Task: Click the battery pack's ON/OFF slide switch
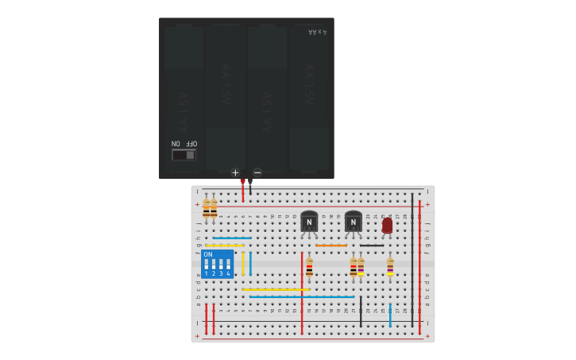184,155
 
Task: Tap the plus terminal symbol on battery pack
235,172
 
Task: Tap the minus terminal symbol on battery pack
257,172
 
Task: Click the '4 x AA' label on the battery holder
317,32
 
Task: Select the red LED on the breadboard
387,226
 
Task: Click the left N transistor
309,223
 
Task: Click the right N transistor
354,223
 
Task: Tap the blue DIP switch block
217,264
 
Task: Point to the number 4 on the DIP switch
229,273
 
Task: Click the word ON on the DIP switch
208,254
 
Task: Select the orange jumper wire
331,245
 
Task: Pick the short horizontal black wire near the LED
372,245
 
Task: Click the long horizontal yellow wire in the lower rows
275,289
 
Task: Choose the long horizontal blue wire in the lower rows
302,297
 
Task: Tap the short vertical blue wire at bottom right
390,314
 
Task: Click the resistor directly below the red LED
390,267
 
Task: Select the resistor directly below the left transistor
309,267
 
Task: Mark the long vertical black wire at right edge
412,254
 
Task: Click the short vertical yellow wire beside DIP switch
243,263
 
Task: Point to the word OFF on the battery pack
191,144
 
